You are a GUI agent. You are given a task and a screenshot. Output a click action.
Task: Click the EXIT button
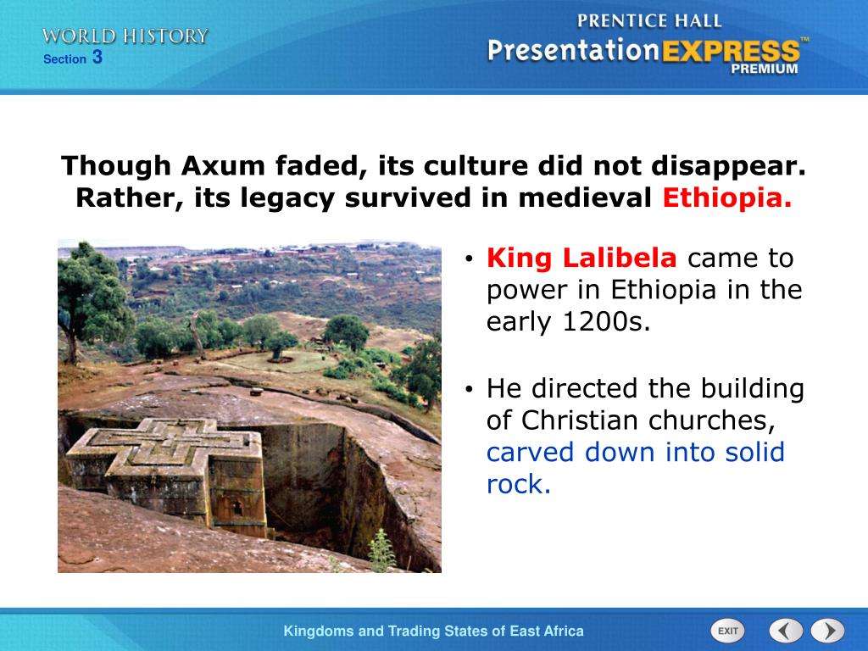pos(727,631)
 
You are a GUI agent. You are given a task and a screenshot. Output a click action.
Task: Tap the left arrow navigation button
pos(786,631)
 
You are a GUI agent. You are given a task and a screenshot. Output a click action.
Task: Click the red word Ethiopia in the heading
pos(727,198)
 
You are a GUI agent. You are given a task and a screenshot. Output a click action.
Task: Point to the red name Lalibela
pos(620,258)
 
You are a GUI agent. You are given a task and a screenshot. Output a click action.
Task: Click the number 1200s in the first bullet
pos(606,321)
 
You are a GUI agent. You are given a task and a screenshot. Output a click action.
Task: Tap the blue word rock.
pos(518,484)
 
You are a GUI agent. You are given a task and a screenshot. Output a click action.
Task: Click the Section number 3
pos(97,57)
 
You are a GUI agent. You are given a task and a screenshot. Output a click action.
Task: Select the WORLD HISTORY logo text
pos(125,36)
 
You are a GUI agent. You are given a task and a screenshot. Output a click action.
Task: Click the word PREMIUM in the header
pos(765,69)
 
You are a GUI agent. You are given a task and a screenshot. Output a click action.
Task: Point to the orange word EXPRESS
pos(732,52)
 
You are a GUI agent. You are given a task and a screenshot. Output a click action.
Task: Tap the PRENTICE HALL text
pos(649,21)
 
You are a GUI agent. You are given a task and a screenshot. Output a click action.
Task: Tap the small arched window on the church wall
pos(237,507)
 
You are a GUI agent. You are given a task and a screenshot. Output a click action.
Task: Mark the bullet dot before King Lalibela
pos(470,259)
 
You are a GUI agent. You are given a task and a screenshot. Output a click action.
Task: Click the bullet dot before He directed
pos(470,389)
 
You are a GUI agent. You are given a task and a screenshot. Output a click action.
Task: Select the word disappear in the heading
pos(728,166)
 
